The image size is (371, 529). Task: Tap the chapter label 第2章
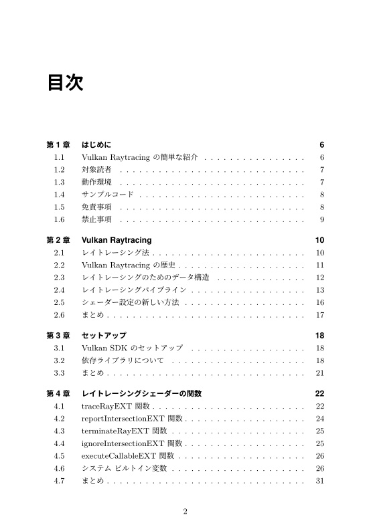pos(58,240)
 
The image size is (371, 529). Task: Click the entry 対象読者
pos(96,170)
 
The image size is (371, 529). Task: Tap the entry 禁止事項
pos(96,219)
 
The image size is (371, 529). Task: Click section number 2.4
pos(59,290)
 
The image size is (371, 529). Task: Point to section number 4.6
pos(59,469)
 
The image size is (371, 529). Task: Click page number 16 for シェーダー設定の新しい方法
pos(319,302)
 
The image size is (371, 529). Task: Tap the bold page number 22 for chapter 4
pos(319,393)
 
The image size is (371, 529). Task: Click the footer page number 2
pos(185,512)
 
